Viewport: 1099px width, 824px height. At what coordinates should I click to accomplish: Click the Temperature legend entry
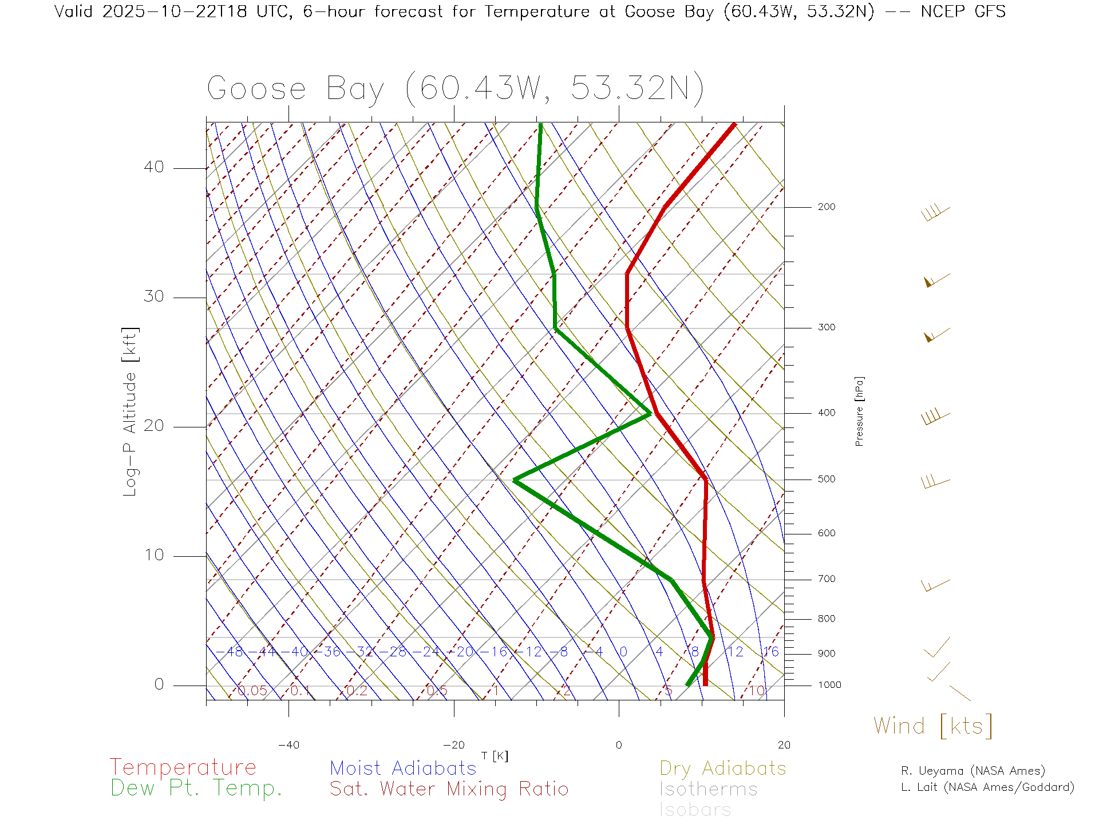coord(183,767)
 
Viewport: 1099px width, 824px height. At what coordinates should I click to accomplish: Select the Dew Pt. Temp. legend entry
coord(196,789)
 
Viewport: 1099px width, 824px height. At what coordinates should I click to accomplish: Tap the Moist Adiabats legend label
coord(403,768)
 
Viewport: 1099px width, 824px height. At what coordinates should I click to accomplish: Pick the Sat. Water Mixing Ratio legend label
coord(449,789)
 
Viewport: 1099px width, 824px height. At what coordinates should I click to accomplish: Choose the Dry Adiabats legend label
coord(722,768)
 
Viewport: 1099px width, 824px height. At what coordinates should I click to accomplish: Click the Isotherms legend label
coord(708,789)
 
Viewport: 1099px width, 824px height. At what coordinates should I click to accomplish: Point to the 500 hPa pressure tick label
coord(826,479)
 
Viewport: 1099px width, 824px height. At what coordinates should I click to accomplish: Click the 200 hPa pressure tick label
coord(826,207)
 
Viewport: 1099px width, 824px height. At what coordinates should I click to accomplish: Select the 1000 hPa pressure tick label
coord(829,685)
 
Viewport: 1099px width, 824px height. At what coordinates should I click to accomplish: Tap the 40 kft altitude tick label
coord(153,167)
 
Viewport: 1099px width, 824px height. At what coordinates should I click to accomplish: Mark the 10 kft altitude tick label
coord(153,555)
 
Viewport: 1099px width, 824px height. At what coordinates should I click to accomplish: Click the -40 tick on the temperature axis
coord(288,745)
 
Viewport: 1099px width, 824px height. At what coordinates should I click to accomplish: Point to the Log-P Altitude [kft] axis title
coord(130,412)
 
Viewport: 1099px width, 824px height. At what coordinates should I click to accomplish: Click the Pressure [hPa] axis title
coord(859,411)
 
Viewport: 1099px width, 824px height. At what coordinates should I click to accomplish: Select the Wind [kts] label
coord(932,726)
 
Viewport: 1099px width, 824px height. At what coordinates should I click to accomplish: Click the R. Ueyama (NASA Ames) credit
coord(973,771)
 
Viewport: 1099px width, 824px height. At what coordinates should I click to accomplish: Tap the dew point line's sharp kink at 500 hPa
coord(515,480)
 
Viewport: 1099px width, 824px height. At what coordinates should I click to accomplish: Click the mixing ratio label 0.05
coord(252,691)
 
